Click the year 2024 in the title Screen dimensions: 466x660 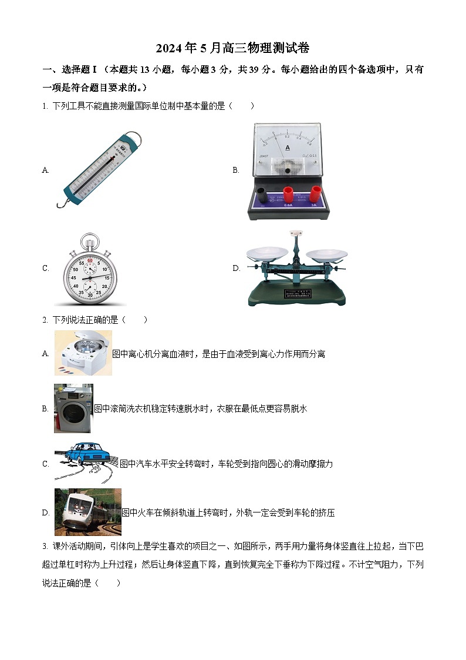click(168, 48)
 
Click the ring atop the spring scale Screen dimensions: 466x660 click(134, 137)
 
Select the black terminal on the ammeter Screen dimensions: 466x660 click(262, 196)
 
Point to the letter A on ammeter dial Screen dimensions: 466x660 click(288, 148)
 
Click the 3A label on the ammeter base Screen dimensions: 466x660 click(313, 205)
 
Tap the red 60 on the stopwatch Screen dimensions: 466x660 click(90, 261)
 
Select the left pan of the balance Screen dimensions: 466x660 click(267, 253)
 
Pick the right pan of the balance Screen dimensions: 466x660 click(326, 254)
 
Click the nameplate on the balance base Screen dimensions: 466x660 click(297, 293)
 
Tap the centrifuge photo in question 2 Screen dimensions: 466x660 click(83, 353)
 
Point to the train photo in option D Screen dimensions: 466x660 click(88, 512)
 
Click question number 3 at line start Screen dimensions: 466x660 click(45, 547)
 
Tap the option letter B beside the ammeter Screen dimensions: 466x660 click(236, 170)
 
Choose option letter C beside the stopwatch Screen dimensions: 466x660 click(45, 268)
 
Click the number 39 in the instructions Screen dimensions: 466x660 click(254, 69)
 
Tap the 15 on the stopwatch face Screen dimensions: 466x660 click(107, 278)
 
